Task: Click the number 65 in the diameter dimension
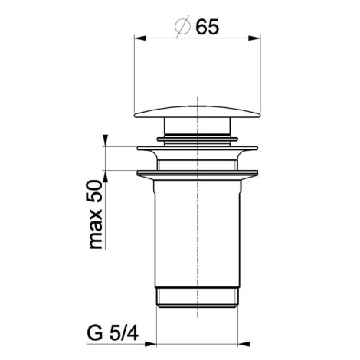click(207, 27)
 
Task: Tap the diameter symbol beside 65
click(183, 26)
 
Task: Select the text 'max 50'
click(96, 214)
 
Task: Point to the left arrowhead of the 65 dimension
click(140, 38)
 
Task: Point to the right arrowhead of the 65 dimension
click(254, 38)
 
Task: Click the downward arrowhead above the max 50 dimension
click(106, 141)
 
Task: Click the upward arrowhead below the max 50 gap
click(106, 176)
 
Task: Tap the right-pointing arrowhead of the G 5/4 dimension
click(150, 344)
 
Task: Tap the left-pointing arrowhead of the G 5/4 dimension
click(244, 344)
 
